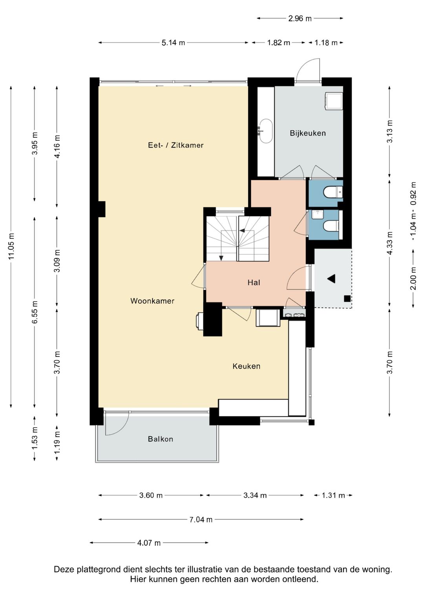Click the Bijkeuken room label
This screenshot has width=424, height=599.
click(x=307, y=133)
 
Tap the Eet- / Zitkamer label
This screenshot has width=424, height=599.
click(x=175, y=145)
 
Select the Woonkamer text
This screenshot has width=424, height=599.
click(x=152, y=301)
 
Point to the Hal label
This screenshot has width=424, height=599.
click(x=254, y=282)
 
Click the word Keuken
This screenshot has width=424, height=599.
click(x=246, y=366)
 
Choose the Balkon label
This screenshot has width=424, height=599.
click(x=160, y=439)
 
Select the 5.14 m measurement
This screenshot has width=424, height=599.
click(x=173, y=42)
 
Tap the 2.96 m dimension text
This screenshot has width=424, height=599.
click(x=300, y=18)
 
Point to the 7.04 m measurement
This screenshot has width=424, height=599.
click(x=201, y=519)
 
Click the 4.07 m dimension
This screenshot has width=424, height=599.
click(x=149, y=543)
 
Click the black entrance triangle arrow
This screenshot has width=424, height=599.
click(x=331, y=279)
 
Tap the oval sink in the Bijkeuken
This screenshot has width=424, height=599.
click(x=265, y=131)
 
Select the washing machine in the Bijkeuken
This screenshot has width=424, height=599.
click(x=334, y=101)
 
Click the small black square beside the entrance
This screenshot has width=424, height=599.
click(x=347, y=299)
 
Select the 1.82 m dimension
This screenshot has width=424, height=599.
click(x=279, y=42)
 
